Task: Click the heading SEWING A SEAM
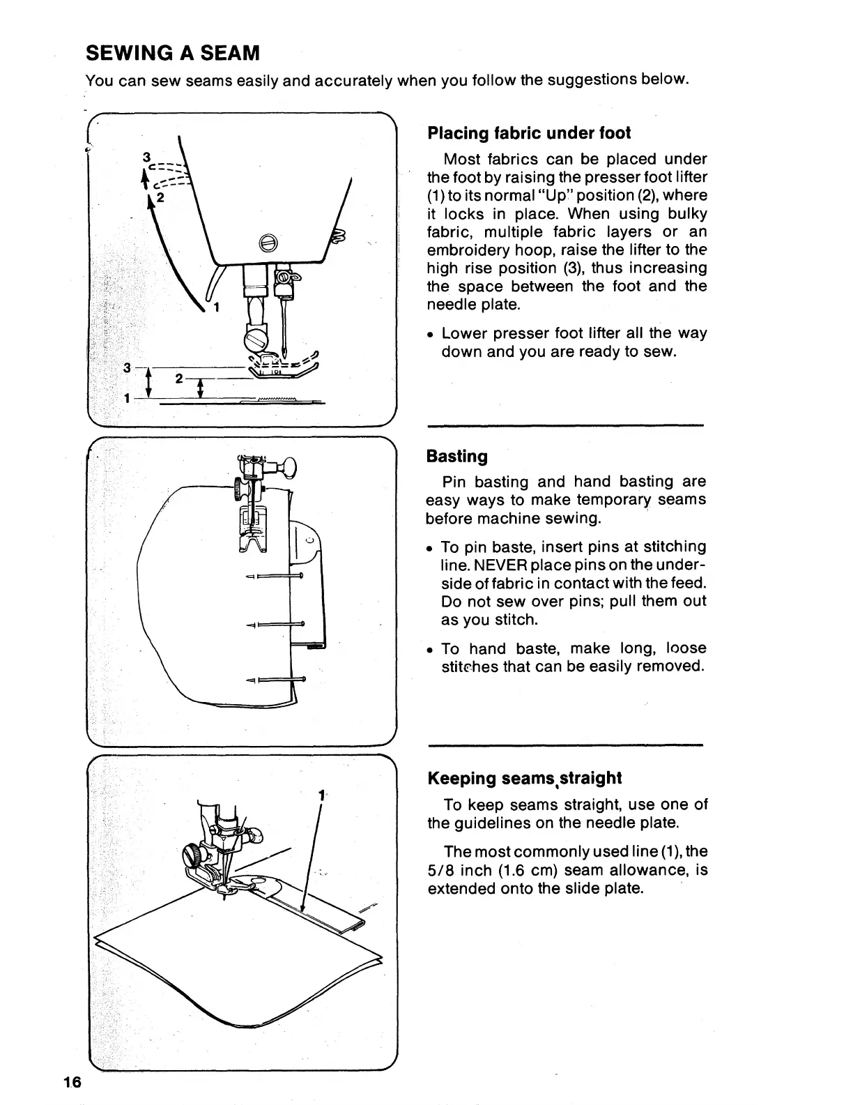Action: coord(172,53)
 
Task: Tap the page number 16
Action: coord(71,1082)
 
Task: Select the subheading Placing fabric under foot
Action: coord(529,132)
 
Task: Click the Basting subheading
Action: coord(456,456)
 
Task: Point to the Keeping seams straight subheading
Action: coord(524,778)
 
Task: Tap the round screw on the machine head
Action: coord(268,242)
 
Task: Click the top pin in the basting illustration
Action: coord(275,576)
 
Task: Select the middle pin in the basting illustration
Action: coord(276,624)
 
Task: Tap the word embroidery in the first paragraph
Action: coord(465,250)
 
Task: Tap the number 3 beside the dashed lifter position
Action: coord(146,158)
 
